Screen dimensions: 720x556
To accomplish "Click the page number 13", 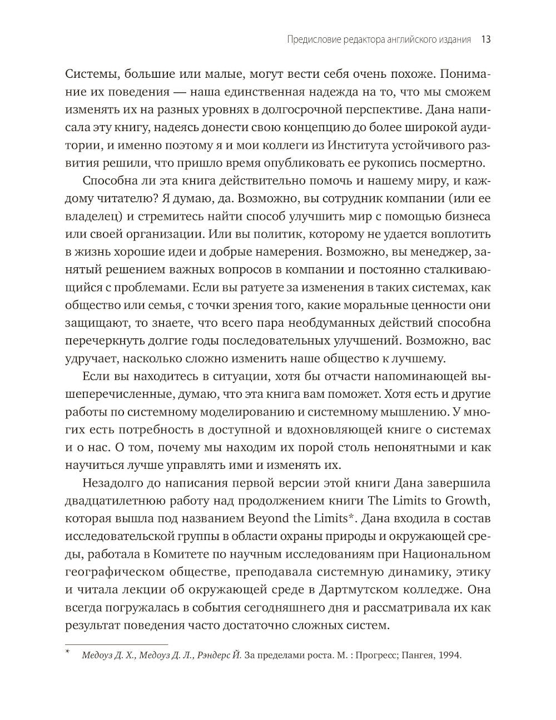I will [484, 39].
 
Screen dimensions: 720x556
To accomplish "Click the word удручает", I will [91, 358].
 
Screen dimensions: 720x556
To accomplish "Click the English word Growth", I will [468, 500].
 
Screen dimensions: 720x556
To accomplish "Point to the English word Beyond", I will [271, 518].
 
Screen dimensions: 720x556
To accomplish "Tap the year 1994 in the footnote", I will [450, 655].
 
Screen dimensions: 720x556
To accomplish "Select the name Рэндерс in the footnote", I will [214, 655].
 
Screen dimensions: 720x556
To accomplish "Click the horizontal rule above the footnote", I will [116, 644].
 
